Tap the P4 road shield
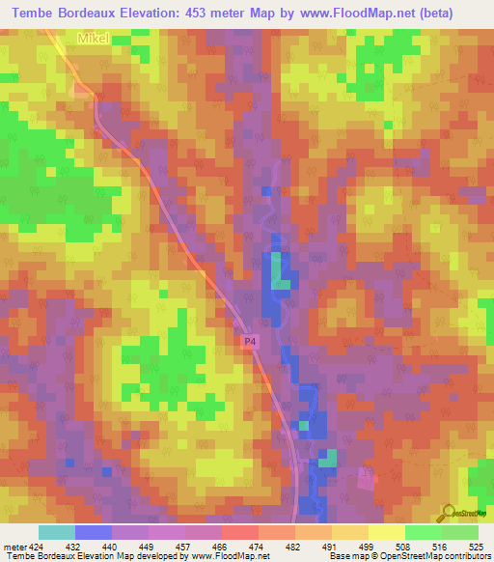pos(249,341)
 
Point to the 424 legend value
pos(36,547)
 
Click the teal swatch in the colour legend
pos(56,532)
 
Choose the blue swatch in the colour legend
pos(93,532)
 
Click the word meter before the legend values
pos(14,547)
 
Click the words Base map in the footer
pos(348,556)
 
